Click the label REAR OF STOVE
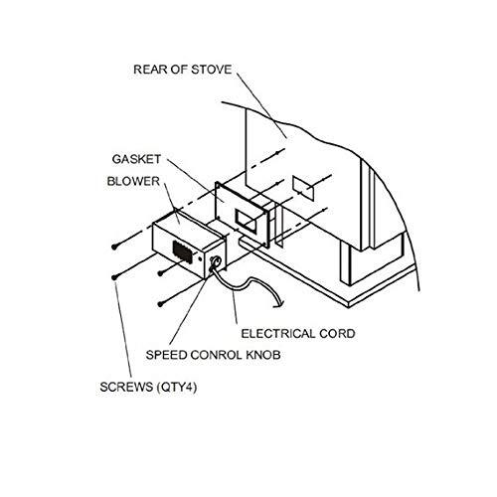click(183, 70)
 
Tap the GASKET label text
click(136, 159)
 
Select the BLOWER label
click(133, 181)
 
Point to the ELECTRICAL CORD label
click(298, 334)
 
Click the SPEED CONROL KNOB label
click(214, 355)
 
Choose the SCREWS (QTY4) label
click(148, 387)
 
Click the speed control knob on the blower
click(215, 262)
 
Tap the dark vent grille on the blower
click(183, 251)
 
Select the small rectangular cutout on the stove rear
click(303, 188)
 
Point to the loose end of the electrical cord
click(278, 306)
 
